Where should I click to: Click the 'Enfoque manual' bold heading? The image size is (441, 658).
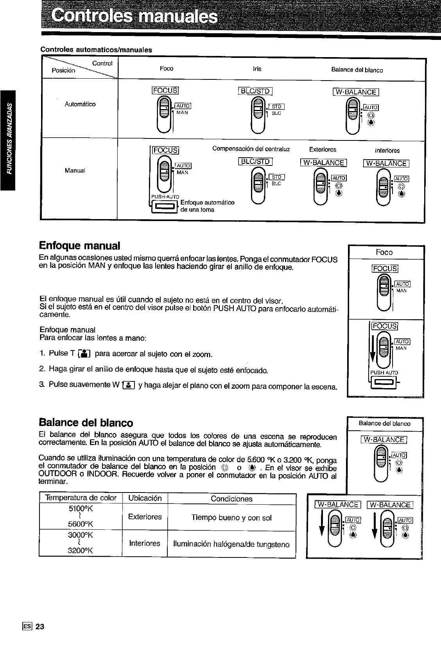click(x=79, y=246)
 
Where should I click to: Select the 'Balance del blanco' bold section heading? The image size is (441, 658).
click(x=86, y=422)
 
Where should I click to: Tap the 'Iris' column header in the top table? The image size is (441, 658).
click(x=257, y=69)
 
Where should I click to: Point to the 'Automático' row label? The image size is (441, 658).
click(x=80, y=104)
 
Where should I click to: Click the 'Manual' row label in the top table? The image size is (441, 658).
click(x=75, y=170)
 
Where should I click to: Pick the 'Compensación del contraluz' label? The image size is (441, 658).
click(x=251, y=149)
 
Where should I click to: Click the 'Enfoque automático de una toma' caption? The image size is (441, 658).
click(x=207, y=206)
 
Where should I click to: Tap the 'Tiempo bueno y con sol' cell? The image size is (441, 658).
click(x=231, y=518)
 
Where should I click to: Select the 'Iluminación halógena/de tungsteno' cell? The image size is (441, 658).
click(x=231, y=544)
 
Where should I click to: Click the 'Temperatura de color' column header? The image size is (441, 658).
click(x=81, y=498)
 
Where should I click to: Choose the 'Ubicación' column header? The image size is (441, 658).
click(x=145, y=498)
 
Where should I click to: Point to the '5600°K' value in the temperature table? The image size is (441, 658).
click(x=80, y=524)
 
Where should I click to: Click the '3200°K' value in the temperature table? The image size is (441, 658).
click(x=80, y=550)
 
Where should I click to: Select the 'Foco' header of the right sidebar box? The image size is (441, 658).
click(x=384, y=252)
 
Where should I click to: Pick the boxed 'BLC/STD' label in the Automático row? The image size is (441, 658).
click(x=255, y=91)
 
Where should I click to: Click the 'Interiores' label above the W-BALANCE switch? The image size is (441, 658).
click(x=387, y=150)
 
